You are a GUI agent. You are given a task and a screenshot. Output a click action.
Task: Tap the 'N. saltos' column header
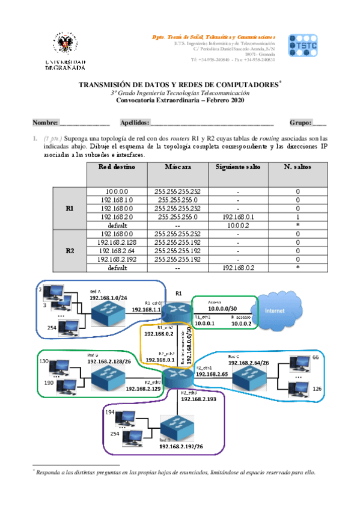pos(297,167)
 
